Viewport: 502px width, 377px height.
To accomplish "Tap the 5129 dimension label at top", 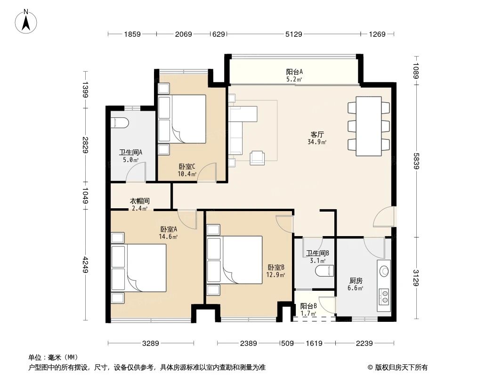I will click(293, 34).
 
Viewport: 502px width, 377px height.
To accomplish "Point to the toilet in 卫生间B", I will click(324, 271).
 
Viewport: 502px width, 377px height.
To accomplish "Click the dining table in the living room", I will click(368, 126).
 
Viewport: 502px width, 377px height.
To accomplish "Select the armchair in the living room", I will click(258, 157).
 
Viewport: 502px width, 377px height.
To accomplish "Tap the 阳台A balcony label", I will click(294, 72).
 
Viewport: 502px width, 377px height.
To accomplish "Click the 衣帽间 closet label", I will click(139, 201).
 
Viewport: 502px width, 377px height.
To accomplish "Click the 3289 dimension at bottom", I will click(150, 344).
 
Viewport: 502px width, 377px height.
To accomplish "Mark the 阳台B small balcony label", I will click(308, 306).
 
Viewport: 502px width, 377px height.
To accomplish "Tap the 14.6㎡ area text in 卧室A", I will click(168, 237).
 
